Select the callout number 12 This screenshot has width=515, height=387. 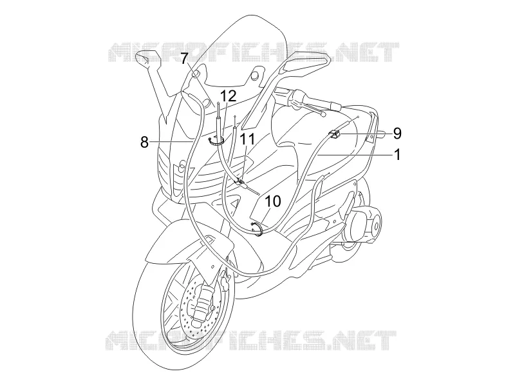pyautogui.click(x=228, y=96)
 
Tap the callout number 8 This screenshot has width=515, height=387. pyautogui.click(x=144, y=143)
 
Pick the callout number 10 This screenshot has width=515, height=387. pyautogui.click(x=273, y=201)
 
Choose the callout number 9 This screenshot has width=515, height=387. pyautogui.click(x=397, y=134)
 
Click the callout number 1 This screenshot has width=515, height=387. pyautogui.click(x=397, y=154)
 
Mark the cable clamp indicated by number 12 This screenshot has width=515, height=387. pyautogui.click(x=216, y=141)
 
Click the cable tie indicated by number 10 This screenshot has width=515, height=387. pyautogui.click(x=256, y=228)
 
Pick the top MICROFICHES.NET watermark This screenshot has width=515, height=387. pyautogui.click(x=253, y=52)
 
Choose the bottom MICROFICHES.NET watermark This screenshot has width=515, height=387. pyautogui.click(x=252, y=341)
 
